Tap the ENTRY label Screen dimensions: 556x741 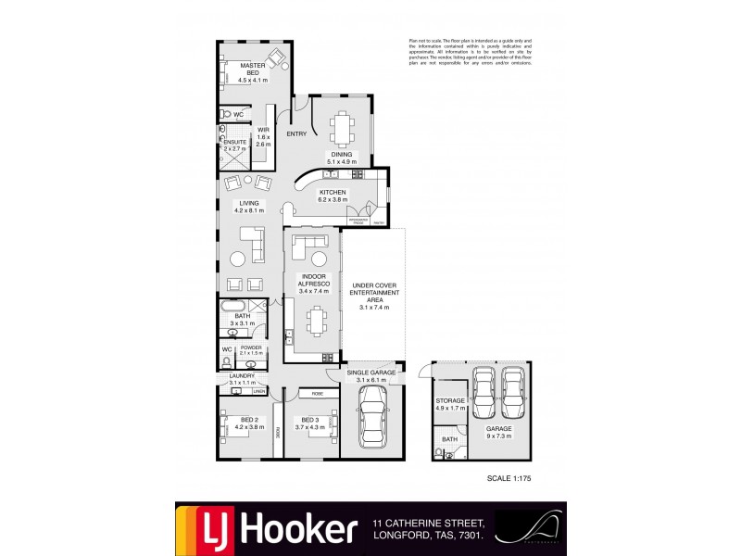tap(296, 134)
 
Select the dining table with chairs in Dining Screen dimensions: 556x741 tap(342, 128)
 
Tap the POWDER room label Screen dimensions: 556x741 tap(251, 349)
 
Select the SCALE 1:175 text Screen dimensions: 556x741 tap(511, 479)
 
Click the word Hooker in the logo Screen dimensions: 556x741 tap(298, 529)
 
